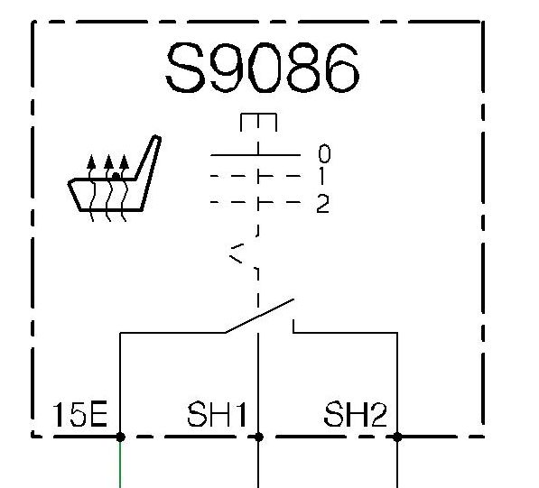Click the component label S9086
263,68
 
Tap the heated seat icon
115,179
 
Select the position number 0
324,153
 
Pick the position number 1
321,176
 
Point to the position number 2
323,204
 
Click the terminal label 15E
79,415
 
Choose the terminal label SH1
217,414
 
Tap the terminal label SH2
355,414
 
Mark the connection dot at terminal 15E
120,437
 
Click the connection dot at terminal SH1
259,437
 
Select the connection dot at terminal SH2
397,437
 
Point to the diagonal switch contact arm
259,316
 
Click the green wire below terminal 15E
120,465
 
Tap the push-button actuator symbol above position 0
258,123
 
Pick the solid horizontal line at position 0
256,155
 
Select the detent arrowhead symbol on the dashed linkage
237,253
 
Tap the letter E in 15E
98,415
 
